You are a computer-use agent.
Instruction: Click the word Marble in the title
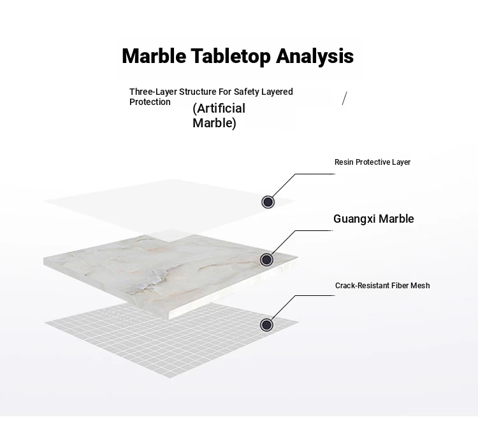tap(154, 56)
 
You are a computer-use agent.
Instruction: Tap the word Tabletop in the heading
tap(231, 57)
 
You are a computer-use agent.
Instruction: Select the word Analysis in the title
tap(315, 57)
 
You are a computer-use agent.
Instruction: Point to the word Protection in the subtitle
tap(150, 102)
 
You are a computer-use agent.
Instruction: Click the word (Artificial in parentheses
tap(219, 108)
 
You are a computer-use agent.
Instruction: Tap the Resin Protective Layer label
tap(372, 162)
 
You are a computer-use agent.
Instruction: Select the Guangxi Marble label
tap(373, 219)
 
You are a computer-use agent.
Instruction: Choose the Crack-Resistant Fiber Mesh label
tap(382, 286)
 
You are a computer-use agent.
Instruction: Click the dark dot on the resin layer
tap(268, 202)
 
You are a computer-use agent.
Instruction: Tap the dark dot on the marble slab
tap(267, 260)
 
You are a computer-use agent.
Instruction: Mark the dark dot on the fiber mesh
tap(266, 325)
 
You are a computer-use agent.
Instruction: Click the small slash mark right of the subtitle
tap(344, 98)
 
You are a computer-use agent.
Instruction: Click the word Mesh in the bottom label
tap(420, 286)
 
